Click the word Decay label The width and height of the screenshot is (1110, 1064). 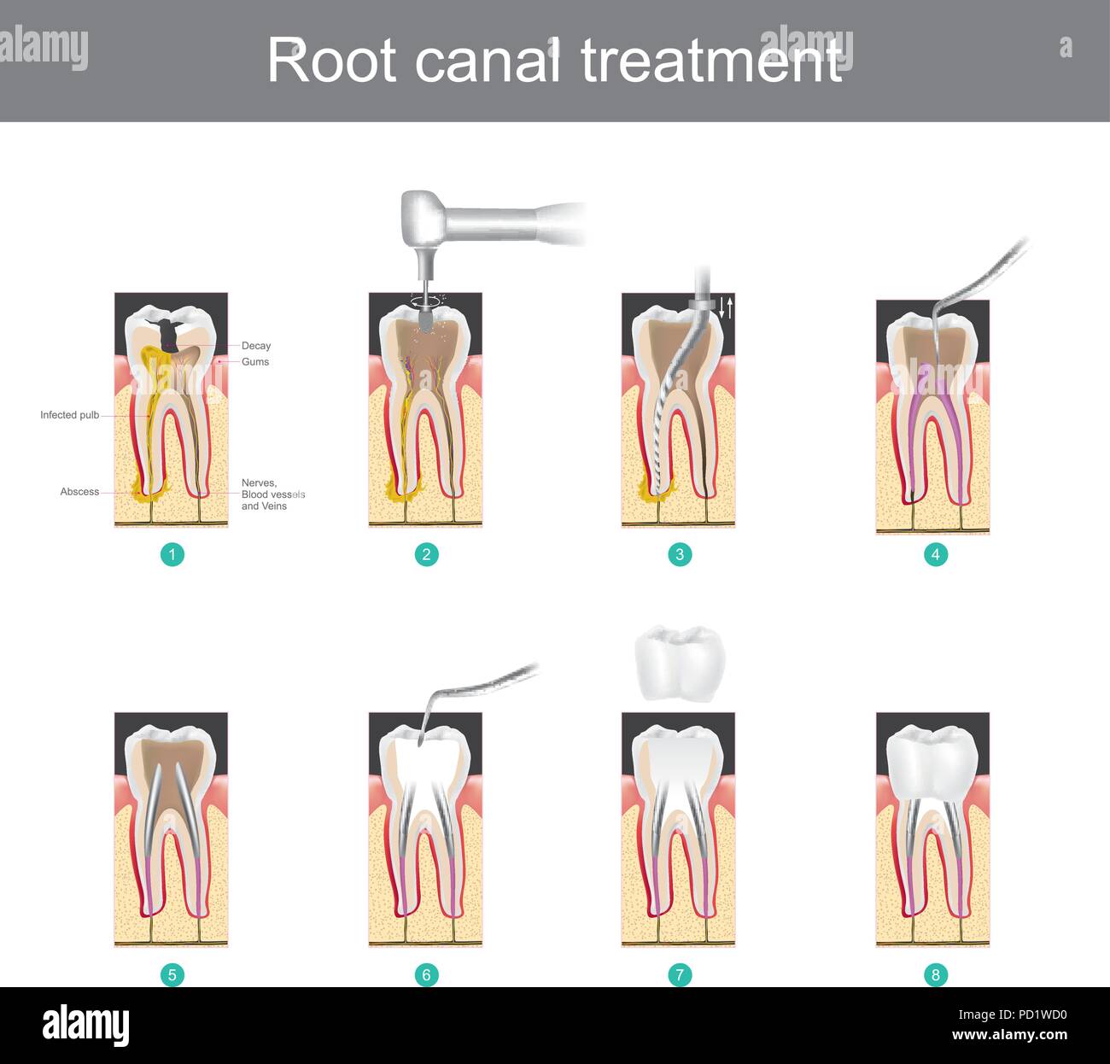coord(255,346)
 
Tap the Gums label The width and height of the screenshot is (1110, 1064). coord(254,362)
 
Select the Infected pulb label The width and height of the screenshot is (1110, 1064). coord(69,415)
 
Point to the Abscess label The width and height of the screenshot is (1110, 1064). coord(79,492)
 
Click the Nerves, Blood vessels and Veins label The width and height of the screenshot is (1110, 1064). coord(272,494)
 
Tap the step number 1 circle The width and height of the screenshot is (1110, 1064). coord(172,555)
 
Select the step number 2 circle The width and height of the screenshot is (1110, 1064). coord(426,555)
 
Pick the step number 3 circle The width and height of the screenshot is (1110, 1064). coord(680,555)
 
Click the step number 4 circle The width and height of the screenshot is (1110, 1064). coord(935,555)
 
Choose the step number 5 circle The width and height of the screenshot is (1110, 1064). coord(172,974)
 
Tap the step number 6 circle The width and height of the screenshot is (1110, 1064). coord(426,974)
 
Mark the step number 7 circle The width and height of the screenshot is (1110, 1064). coord(680,974)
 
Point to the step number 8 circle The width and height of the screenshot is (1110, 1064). coord(935,974)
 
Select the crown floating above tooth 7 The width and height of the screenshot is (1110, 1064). coord(680,663)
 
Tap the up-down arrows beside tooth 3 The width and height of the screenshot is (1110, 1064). coord(726,307)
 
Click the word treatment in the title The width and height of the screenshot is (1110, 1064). coord(711,61)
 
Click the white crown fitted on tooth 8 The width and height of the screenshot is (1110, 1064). coord(932,762)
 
